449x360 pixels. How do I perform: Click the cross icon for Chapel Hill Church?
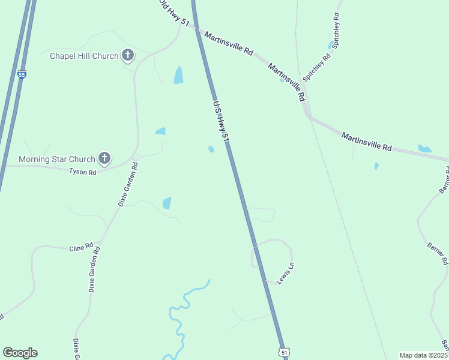tap(127, 56)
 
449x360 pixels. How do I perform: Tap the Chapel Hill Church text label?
tap(83, 56)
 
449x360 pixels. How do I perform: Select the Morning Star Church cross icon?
tap(104, 158)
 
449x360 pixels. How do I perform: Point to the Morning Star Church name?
tap(57, 159)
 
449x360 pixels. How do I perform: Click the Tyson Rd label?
tap(83, 172)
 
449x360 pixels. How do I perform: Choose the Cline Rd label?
tap(81, 247)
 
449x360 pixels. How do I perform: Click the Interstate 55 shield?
tap(22, 74)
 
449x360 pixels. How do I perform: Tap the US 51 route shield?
tap(283, 352)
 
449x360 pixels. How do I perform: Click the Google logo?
tap(20, 353)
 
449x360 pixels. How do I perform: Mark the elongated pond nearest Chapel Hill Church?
tap(178, 75)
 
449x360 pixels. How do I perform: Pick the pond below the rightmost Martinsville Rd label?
tap(376, 166)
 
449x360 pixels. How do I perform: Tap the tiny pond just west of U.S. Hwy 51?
tap(211, 149)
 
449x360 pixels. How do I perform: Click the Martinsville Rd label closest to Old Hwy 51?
tap(228, 44)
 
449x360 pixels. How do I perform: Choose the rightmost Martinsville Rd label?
tap(366, 142)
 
